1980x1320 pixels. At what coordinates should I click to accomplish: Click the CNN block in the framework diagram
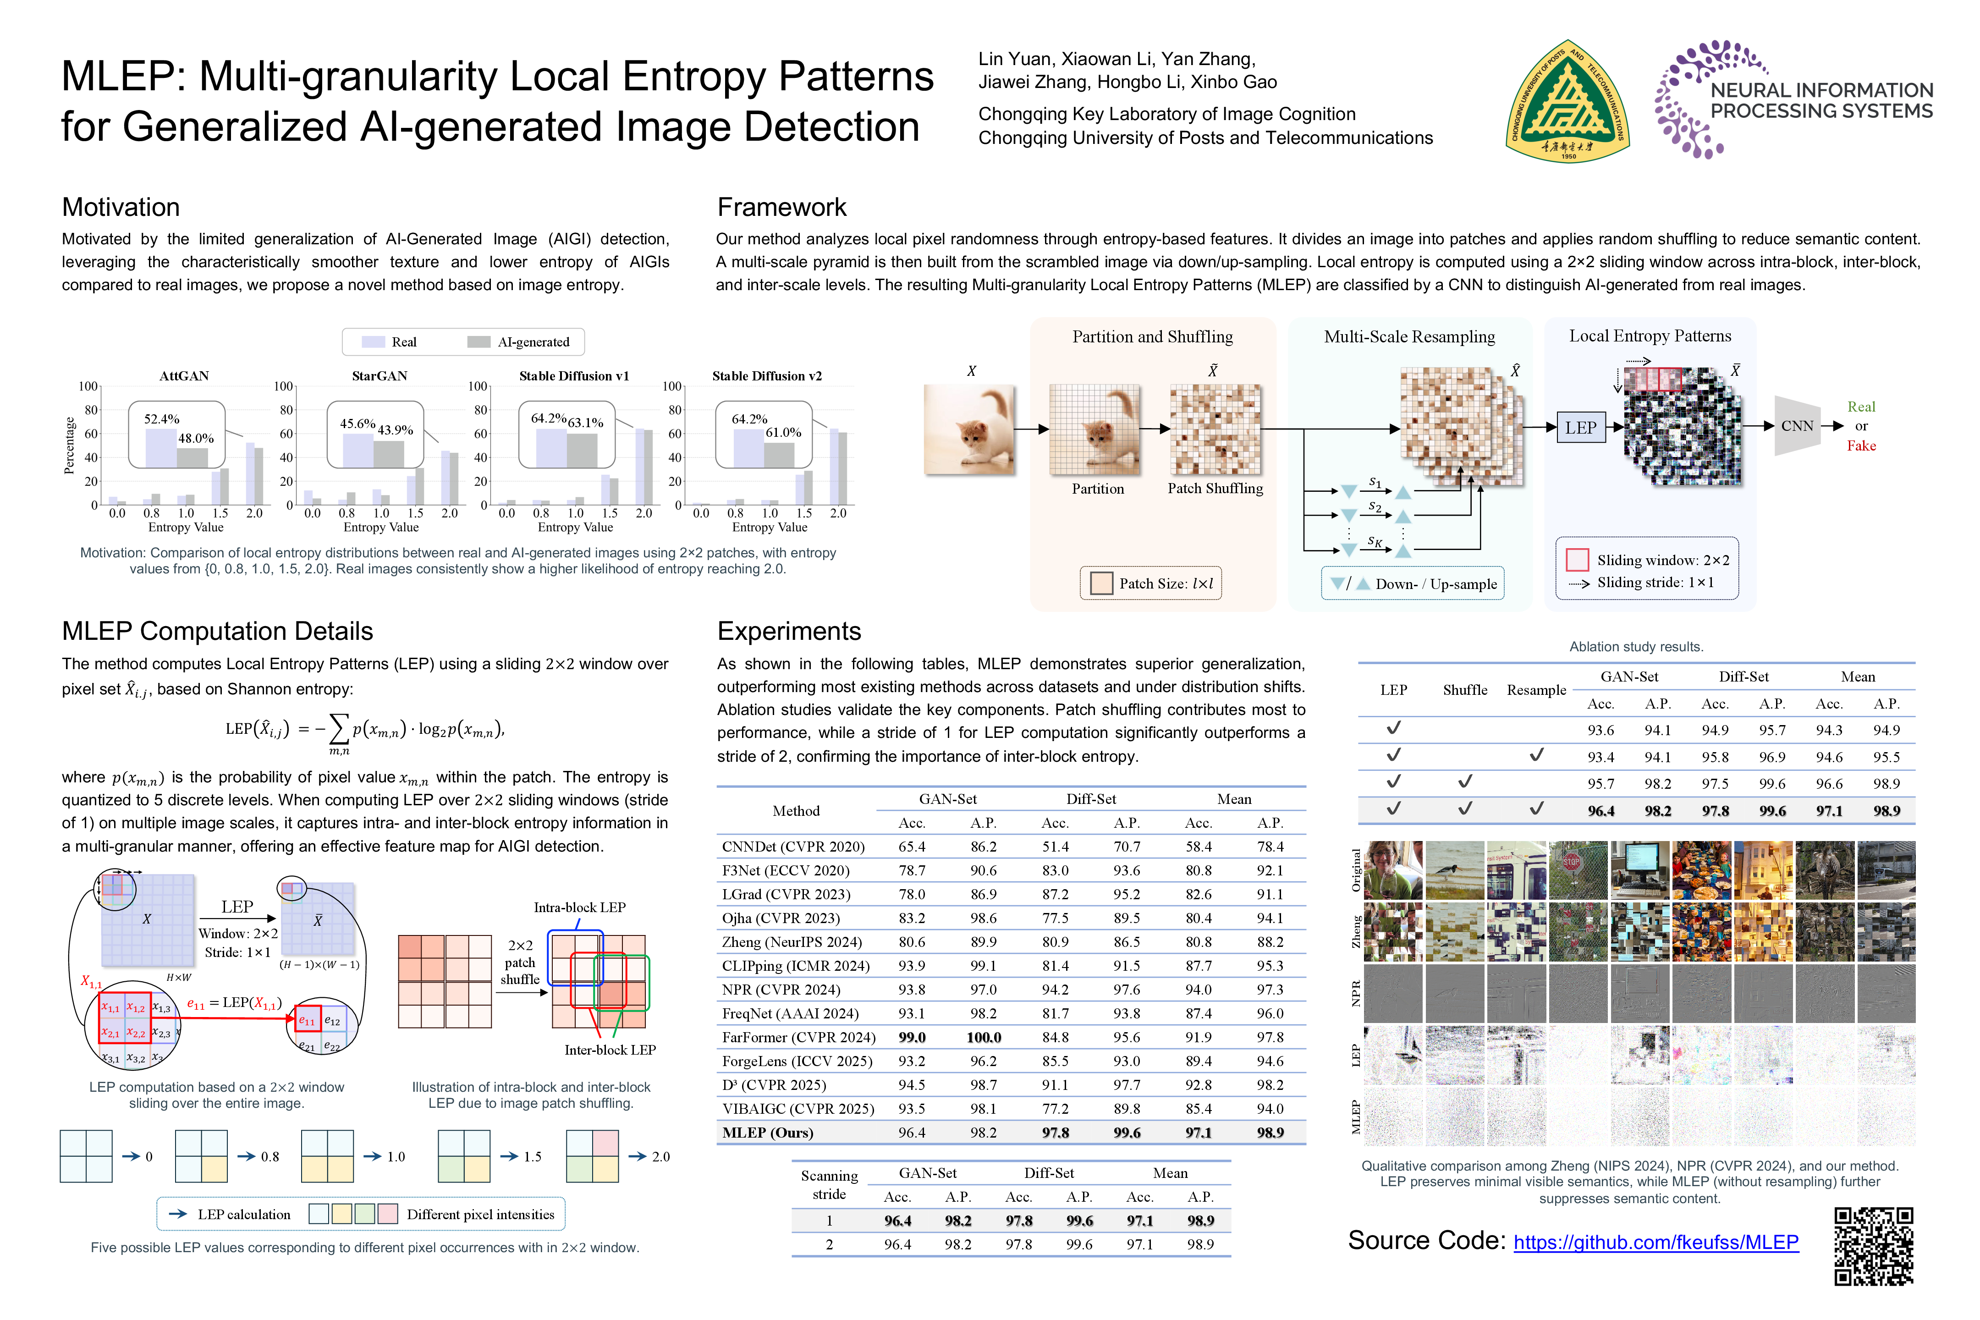tap(1797, 426)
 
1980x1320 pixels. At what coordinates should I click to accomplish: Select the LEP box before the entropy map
tap(1580, 428)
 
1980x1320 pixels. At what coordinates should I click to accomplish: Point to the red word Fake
tap(1861, 446)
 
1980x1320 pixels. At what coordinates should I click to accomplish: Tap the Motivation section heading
tap(121, 207)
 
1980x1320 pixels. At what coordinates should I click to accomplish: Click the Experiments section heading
tap(789, 632)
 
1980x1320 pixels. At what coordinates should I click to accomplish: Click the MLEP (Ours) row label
tap(768, 1132)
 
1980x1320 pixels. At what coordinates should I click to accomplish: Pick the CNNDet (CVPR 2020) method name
tap(793, 846)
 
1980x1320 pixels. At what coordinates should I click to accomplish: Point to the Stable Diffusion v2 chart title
tap(766, 375)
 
